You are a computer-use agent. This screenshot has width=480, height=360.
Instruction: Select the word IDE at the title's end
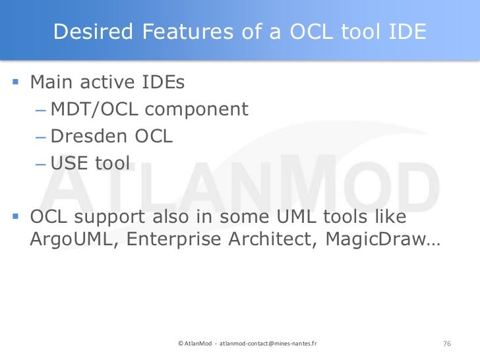click(405, 31)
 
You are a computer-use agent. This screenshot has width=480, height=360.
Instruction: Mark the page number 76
click(446, 344)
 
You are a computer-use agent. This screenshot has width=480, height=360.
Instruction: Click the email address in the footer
click(267, 344)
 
